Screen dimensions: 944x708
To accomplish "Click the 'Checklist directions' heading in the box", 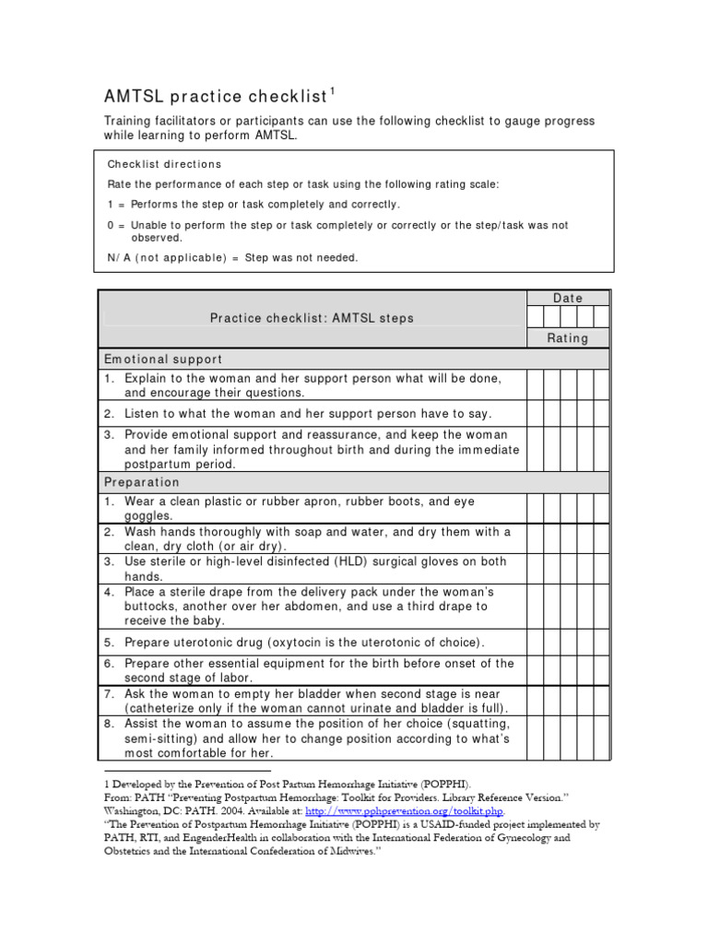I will tap(165, 164).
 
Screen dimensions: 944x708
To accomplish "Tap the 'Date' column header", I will tap(568, 298).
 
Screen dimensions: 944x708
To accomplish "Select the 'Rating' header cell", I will tap(568, 338).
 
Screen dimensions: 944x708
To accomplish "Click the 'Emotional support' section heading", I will tap(163, 359).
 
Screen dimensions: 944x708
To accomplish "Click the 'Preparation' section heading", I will tap(142, 482).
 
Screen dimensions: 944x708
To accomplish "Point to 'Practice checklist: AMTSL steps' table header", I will tap(312, 318).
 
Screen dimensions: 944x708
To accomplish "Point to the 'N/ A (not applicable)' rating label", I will tap(167, 258).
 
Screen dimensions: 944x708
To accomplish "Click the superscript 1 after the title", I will tap(333, 90).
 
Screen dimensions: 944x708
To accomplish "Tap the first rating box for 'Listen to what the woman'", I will tap(535, 413).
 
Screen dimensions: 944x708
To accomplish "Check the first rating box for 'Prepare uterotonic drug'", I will tap(535, 642).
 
